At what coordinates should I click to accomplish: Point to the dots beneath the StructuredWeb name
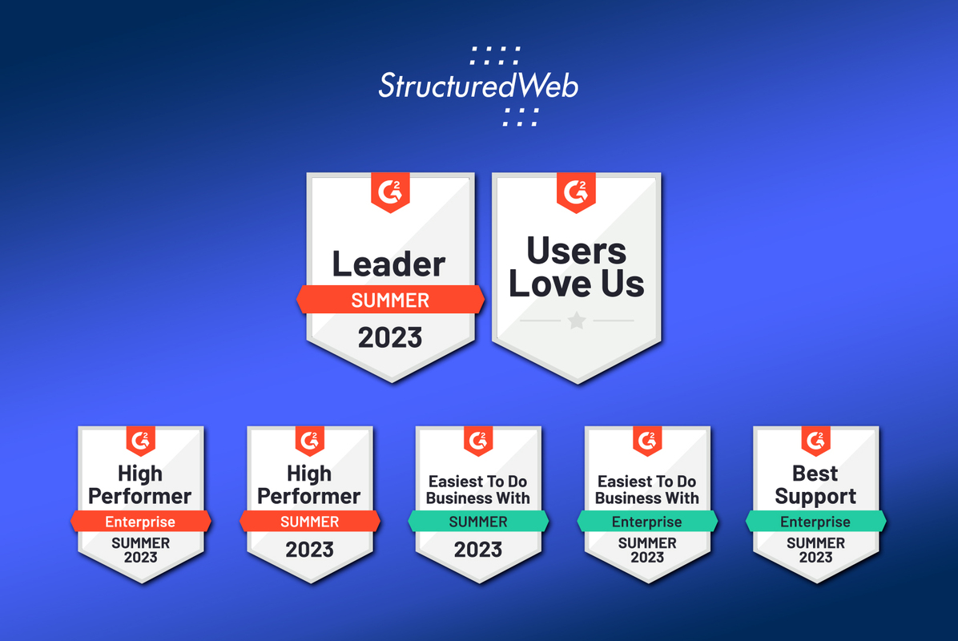point(520,116)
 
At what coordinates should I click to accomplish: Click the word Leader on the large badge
point(389,264)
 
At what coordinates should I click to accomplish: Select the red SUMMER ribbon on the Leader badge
point(390,300)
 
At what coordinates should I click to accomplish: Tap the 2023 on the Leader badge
point(390,337)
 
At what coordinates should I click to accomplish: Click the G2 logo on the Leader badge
point(390,192)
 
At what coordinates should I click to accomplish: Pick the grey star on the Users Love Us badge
point(577,320)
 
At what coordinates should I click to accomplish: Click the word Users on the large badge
point(577,252)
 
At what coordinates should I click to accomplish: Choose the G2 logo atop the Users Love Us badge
point(576,192)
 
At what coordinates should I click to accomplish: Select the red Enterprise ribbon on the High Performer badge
point(140,522)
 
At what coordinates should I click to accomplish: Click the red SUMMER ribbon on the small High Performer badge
point(309,522)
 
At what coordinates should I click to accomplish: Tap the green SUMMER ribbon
point(478,522)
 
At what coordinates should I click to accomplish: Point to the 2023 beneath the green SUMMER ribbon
point(478,550)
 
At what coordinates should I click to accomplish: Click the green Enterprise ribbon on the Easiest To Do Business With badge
point(647,522)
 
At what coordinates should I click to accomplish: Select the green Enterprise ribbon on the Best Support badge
point(815,522)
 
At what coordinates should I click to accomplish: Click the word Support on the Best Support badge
point(815,496)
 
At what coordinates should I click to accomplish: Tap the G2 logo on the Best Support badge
point(815,440)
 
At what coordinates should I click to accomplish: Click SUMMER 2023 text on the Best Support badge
point(815,550)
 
